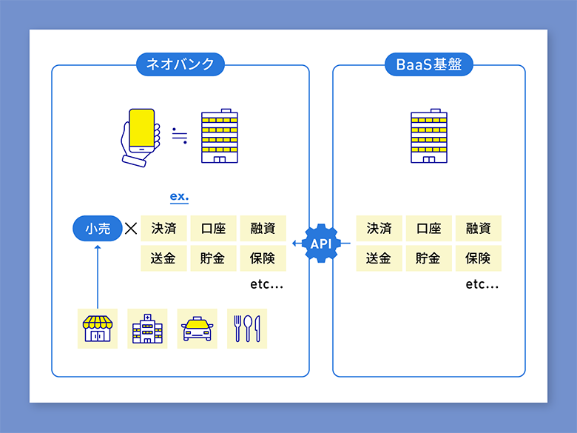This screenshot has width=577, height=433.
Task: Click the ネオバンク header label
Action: pyautogui.click(x=180, y=64)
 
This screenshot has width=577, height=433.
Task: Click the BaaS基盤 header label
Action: pyautogui.click(x=429, y=64)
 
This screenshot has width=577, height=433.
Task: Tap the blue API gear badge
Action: pyautogui.click(x=321, y=244)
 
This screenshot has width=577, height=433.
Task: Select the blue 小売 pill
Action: pyautogui.click(x=98, y=229)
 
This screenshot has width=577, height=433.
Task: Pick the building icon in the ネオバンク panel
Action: pyautogui.click(x=219, y=138)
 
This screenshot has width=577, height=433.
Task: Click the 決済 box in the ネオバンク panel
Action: pyautogui.click(x=163, y=229)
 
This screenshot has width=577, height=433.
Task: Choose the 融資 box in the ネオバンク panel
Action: pyautogui.click(x=263, y=229)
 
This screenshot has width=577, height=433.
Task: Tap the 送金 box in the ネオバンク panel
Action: pyautogui.click(x=163, y=258)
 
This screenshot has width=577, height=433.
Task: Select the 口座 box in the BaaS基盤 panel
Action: pyautogui.click(x=429, y=229)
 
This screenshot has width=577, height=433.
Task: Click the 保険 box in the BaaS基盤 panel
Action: pyautogui.click(x=479, y=258)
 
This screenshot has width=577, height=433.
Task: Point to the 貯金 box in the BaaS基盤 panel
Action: pyautogui.click(x=429, y=258)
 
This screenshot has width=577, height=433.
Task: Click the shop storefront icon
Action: pyautogui.click(x=98, y=329)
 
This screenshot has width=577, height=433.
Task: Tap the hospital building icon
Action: pyautogui.click(x=147, y=329)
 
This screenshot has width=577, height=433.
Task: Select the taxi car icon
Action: pyautogui.click(x=197, y=329)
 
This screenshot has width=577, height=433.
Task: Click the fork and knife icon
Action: pyautogui.click(x=247, y=329)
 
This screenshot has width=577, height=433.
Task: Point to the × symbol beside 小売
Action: pyautogui.click(x=131, y=229)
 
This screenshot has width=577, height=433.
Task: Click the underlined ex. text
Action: pyautogui.click(x=179, y=197)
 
